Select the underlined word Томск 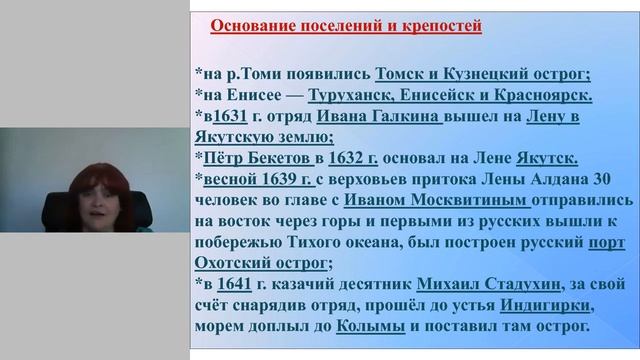396,74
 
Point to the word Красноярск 543,96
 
